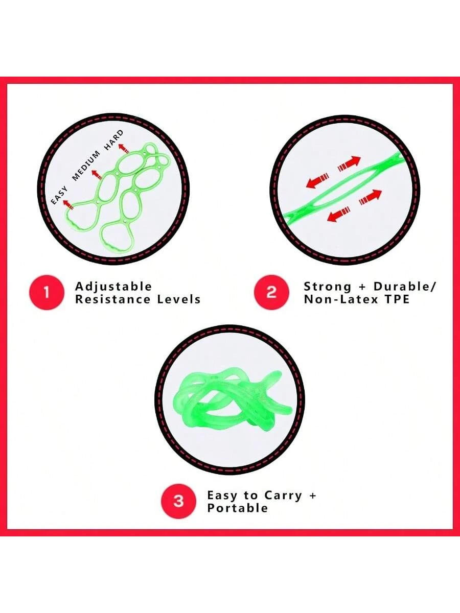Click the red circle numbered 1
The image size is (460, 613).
pyautogui.click(x=47, y=293)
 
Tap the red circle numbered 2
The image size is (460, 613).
pyautogui.click(x=271, y=292)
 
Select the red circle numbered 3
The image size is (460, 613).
pyautogui.click(x=179, y=501)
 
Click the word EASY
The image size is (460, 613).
pyautogui.click(x=59, y=195)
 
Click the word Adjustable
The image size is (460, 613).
pyautogui.click(x=113, y=287)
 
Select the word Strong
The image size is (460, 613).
pyautogui.click(x=328, y=287)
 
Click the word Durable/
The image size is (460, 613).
pyautogui.click(x=404, y=287)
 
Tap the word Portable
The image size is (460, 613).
pyautogui.click(x=237, y=508)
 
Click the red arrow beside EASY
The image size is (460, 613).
pyautogui.click(x=68, y=204)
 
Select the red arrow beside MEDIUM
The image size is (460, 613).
pyautogui.click(x=97, y=175)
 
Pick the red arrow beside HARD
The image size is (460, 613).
pyautogui.click(x=124, y=148)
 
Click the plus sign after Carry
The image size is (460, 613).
pyautogui.click(x=312, y=496)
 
